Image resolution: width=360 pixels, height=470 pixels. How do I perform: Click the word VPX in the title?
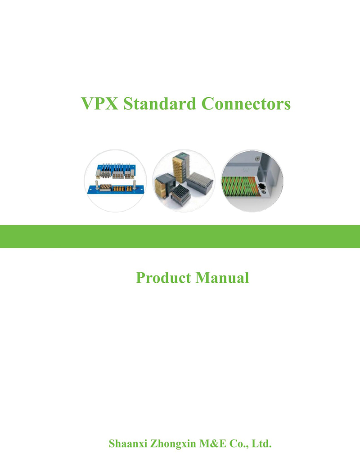click(x=100, y=104)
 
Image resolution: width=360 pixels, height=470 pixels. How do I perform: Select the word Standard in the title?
click(x=160, y=104)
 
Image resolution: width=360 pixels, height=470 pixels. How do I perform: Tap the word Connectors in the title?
click(x=246, y=104)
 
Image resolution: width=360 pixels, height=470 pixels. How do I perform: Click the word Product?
click(x=163, y=278)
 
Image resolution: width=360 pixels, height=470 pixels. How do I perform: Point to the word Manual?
click(x=222, y=278)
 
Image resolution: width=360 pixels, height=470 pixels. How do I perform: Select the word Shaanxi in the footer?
click(x=128, y=443)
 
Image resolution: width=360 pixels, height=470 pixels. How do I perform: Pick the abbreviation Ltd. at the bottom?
click(x=261, y=443)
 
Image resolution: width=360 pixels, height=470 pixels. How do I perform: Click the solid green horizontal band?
click(x=180, y=236)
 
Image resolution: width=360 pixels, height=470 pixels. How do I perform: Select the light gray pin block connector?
click(x=200, y=182)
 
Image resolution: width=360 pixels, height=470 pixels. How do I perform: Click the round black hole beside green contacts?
click(x=262, y=186)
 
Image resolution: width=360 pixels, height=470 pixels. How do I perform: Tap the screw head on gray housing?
click(x=257, y=158)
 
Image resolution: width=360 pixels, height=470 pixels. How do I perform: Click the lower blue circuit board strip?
click(x=116, y=189)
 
